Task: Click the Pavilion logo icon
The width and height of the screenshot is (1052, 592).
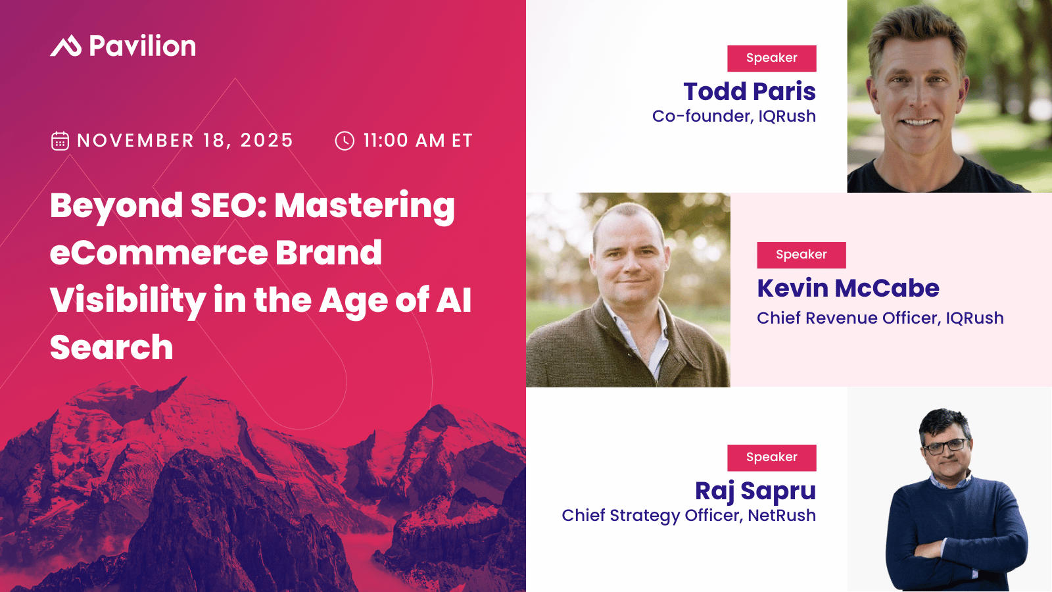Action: coord(66,46)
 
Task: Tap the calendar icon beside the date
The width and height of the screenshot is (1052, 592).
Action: coord(60,141)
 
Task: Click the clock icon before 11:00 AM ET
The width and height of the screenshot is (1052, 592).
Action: coord(345,141)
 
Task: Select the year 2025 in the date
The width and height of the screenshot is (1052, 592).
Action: coord(266,141)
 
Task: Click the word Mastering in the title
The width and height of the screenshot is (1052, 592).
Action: coord(364,206)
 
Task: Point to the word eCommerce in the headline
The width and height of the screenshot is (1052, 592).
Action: coord(158,253)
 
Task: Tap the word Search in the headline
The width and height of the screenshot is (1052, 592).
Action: coord(111,347)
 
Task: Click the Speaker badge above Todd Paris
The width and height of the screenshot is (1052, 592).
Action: coord(771,58)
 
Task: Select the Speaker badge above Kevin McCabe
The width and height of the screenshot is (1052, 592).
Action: coord(801,255)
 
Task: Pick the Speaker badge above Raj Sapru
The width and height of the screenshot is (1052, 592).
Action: coord(771,457)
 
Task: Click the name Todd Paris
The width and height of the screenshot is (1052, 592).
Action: coord(750,91)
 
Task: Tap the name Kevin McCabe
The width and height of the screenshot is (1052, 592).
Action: coord(848,288)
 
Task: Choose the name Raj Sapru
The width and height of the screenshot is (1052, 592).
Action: coord(755,491)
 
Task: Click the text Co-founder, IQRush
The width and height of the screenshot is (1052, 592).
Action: coord(734,116)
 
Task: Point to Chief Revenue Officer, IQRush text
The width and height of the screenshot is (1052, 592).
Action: coord(880,318)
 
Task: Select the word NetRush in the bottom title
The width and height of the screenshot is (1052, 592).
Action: coord(782,516)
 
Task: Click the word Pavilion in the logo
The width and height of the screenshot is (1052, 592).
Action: coord(142,46)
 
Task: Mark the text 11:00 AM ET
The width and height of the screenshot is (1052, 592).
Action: coord(418,141)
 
